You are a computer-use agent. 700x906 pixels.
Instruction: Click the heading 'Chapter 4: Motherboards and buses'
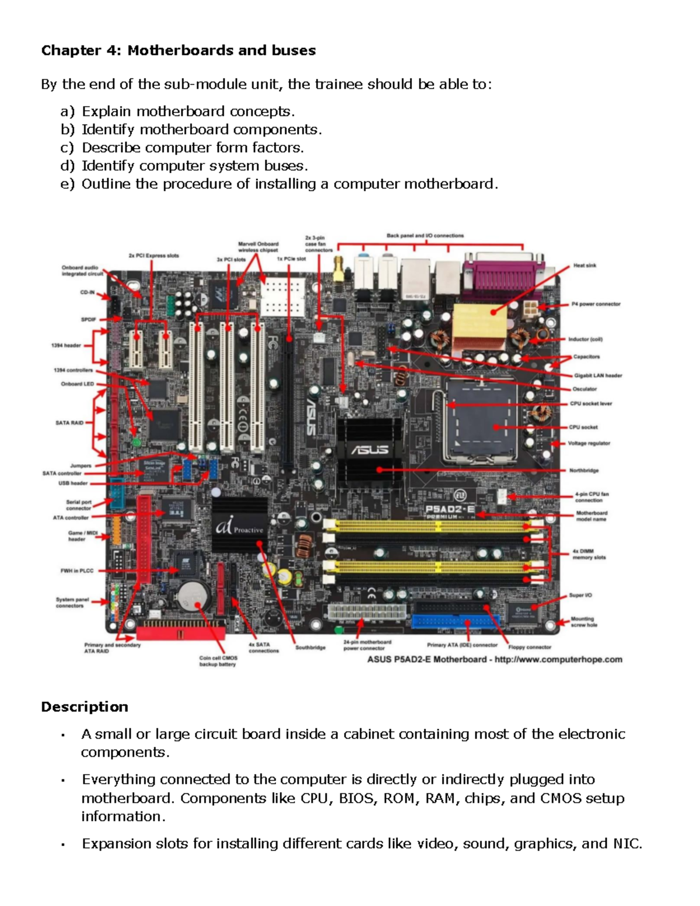(x=178, y=51)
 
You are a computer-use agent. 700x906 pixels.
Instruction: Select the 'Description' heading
(x=85, y=707)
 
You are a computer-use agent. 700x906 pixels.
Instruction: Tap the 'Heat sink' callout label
(x=584, y=265)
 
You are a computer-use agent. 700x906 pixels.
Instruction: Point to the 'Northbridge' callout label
(x=584, y=470)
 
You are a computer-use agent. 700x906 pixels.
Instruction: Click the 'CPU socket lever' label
(x=591, y=404)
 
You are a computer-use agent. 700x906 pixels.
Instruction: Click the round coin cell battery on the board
(x=193, y=596)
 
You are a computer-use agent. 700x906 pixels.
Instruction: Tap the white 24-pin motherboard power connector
(x=367, y=614)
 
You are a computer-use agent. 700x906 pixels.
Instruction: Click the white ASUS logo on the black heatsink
(x=369, y=450)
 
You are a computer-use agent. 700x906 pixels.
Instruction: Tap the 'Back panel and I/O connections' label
(x=425, y=236)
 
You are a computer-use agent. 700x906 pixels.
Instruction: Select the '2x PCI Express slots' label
(x=153, y=256)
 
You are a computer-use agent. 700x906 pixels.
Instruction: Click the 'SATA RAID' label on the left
(x=69, y=423)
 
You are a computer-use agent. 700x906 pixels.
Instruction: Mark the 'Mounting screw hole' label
(x=583, y=622)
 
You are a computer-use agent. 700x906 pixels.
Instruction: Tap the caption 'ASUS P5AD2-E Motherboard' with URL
(x=494, y=659)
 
